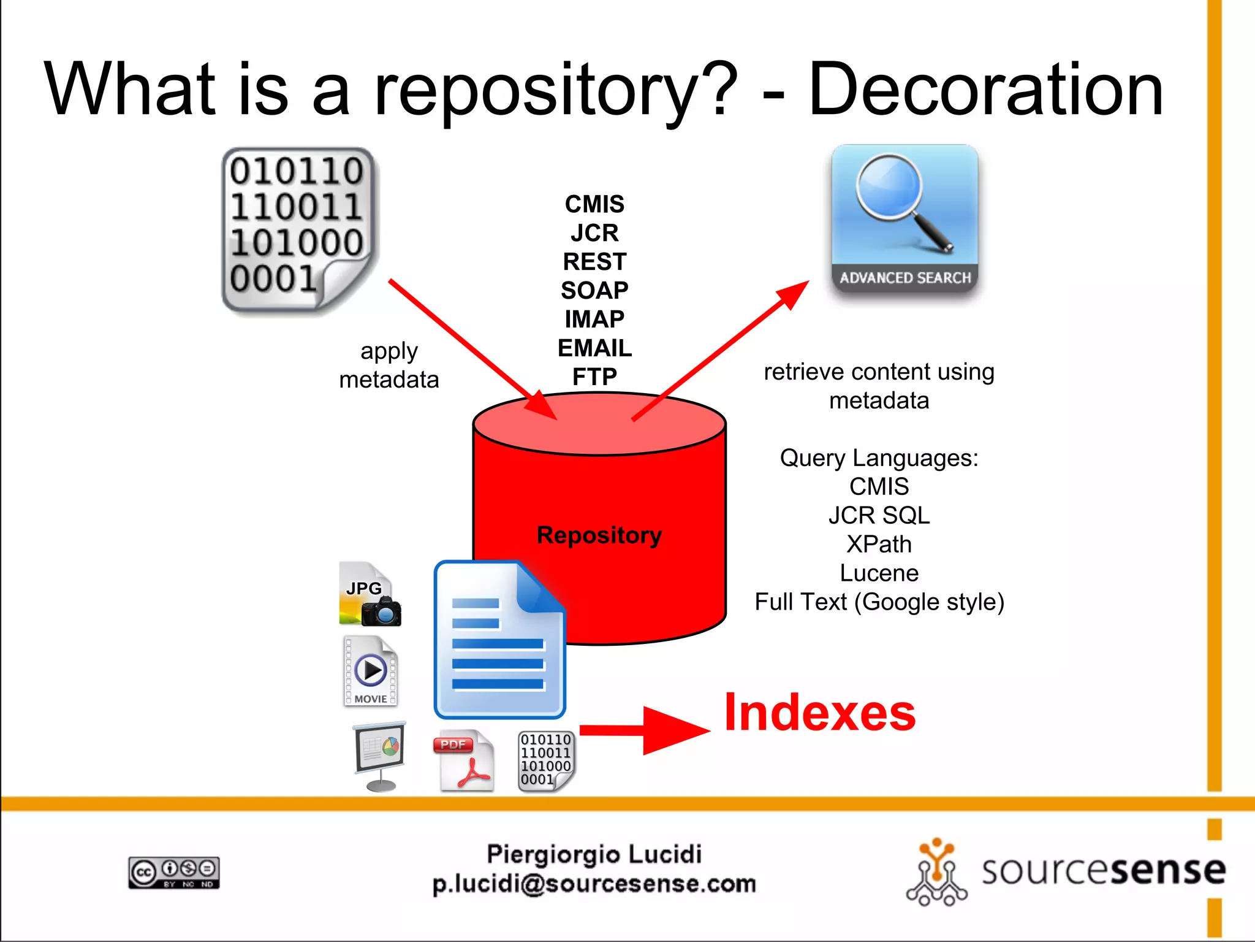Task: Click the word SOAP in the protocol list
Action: click(594, 291)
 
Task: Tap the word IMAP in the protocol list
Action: click(594, 320)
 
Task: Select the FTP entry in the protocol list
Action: click(594, 377)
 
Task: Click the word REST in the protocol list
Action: click(594, 262)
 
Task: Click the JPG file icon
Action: click(370, 594)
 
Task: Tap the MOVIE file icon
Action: click(370, 671)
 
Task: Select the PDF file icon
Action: click(464, 760)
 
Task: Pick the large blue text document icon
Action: click(499, 640)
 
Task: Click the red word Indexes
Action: click(820, 713)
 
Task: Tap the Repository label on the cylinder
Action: click(599, 535)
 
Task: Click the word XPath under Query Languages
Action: click(879, 545)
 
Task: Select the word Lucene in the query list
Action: click(879, 573)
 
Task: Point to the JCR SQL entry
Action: click(879, 516)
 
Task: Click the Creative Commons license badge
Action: click(174, 872)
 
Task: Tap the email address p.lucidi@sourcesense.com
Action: click(594, 884)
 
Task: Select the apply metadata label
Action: click(389, 366)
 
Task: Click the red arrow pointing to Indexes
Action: click(643, 730)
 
